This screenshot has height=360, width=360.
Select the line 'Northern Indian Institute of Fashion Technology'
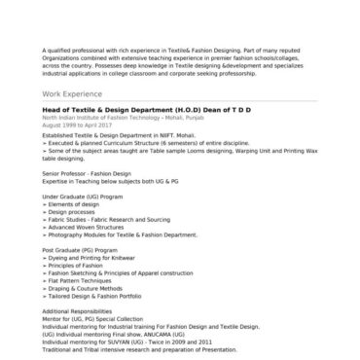[115, 118]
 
